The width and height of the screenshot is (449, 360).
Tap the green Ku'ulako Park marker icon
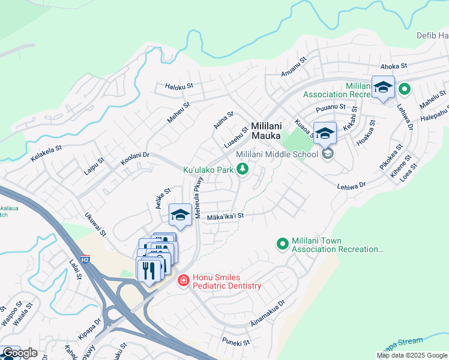(x=243, y=170)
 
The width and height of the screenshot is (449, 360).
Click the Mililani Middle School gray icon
(x=327, y=154)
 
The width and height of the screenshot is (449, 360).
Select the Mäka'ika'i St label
(x=226, y=216)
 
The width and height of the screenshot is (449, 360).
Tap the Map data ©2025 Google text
(x=411, y=355)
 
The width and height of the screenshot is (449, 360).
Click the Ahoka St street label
(x=393, y=66)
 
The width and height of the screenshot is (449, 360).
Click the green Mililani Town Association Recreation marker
(x=282, y=244)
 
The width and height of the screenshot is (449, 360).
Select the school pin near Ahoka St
(x=382, y=88)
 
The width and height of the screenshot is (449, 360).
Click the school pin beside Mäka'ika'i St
(x=180, y=215)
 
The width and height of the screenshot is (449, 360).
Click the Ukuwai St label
(x=95, y=224)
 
